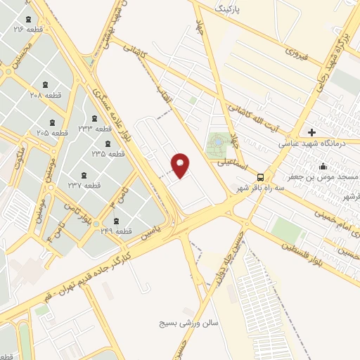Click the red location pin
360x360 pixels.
point(181,165)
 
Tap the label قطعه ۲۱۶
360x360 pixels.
point(29,30)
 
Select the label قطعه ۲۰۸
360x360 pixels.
point(46,94)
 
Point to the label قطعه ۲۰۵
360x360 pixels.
point(53,132)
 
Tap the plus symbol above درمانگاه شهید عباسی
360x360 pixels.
point(311,131)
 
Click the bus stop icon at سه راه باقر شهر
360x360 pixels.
point(261,177)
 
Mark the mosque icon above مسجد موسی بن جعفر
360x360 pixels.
point(323,166)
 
